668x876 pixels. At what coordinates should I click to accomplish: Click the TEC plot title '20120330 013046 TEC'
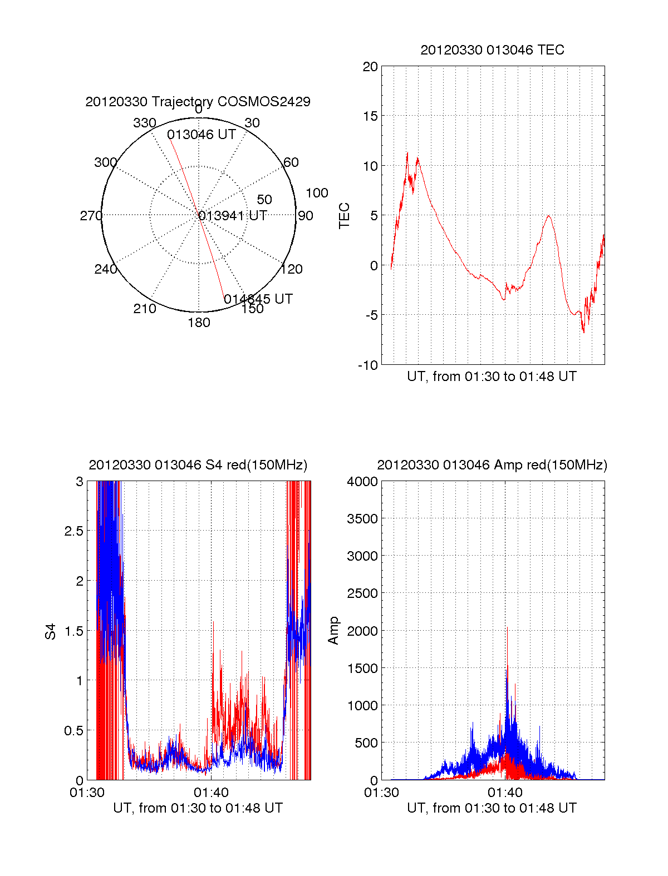(492, 50)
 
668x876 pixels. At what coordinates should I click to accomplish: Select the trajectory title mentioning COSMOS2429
(198, 102)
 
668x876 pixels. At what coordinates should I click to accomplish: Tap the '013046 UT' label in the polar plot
(202, 135)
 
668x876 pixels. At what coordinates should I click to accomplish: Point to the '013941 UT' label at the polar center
(233, 216)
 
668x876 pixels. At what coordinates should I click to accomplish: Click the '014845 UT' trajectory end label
(258, 299)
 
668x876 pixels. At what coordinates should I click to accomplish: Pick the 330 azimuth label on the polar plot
(144, 123)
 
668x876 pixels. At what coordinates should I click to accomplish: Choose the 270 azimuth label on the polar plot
(91, 216)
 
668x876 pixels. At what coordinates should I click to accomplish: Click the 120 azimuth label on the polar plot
(292, 269)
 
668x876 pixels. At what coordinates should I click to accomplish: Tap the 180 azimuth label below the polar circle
(199, 323)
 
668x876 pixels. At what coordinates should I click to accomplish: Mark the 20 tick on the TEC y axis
(370, 67)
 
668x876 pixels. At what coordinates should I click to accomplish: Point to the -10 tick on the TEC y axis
(368, 365)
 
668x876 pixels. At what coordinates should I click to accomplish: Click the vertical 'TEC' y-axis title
(345, 216)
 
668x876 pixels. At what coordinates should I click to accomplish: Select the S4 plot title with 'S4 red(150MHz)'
(198, 465)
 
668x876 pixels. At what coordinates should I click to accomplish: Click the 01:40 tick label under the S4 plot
(211, 793)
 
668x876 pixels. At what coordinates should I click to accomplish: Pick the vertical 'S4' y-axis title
(51, 631)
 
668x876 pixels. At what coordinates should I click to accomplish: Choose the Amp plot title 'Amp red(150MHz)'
(492, 465)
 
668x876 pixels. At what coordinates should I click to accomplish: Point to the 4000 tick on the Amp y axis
(362, 482)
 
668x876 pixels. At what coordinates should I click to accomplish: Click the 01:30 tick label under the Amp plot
(381, 793)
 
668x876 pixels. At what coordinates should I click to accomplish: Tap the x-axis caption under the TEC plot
(492, 377)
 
